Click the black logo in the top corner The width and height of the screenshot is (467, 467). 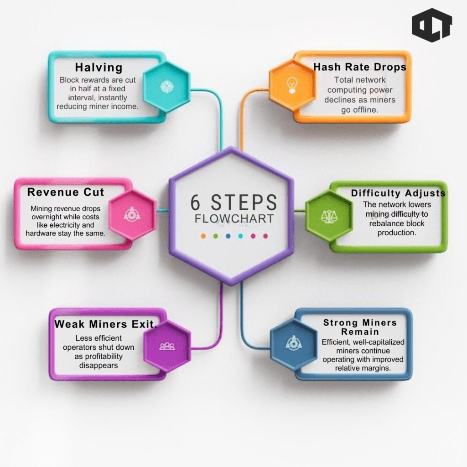point(432,26)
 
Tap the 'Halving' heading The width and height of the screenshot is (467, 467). point(99,67)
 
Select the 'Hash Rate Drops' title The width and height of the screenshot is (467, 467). point(360,67)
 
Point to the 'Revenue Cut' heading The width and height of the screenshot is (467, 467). point(66,192)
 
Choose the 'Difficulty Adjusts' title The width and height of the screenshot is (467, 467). point(398,193)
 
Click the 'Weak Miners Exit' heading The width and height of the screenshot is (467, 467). point(105,324)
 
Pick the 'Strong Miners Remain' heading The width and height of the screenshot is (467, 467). point(360,327)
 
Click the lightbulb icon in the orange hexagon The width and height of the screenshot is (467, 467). point(292,85)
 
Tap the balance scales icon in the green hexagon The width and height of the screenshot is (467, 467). point(329,217)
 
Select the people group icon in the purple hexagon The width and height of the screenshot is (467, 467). point(167,346)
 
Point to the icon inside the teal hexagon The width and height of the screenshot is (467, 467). point(167,87)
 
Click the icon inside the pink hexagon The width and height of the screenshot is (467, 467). point(132,214)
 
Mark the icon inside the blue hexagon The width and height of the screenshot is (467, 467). point(294,343)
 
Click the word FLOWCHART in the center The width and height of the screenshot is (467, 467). point(234,218)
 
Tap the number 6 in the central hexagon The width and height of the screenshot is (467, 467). point(195,202)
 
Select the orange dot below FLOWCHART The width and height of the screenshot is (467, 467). point(203,236)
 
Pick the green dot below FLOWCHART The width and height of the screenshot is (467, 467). point(216,236)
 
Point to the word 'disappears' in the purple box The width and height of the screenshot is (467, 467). point(99,365)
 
